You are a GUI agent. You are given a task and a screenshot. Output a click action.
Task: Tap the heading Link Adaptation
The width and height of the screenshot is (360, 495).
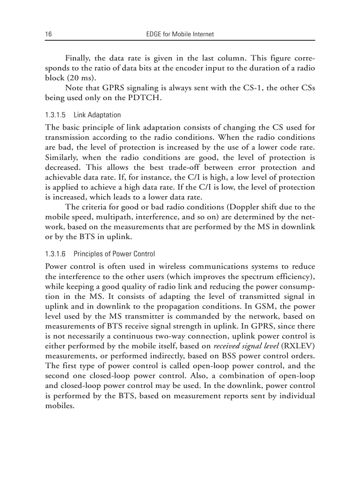97,115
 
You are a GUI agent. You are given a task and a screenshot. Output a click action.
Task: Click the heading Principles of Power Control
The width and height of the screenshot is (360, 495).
114,254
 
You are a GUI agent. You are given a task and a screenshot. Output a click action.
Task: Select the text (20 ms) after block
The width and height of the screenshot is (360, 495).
80,78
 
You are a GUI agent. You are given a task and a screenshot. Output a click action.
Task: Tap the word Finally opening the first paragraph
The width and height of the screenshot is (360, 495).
79,58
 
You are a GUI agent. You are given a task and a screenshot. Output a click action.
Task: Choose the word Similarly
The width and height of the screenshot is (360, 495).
62,157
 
